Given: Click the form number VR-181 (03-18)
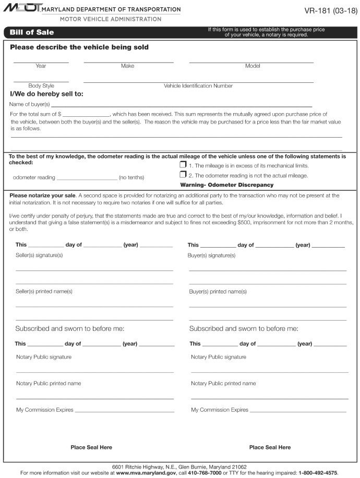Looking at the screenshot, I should [x=331, y=10].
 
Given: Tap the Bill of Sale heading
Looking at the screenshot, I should [x=32, y=32].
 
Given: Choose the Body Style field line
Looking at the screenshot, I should [x=41, y=81].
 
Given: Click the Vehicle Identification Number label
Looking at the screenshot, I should [x=198, y=86].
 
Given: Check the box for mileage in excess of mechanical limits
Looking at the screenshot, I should [x=183, y=165].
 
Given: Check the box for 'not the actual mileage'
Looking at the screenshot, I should [x=183, y=175].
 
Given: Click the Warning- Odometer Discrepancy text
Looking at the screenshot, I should [x=226, y=185].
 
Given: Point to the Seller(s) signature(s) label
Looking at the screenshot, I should [x=39, y=255].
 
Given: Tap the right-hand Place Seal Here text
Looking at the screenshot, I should [x=270, y=447].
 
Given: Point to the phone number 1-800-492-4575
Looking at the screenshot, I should [x=318, y=473].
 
